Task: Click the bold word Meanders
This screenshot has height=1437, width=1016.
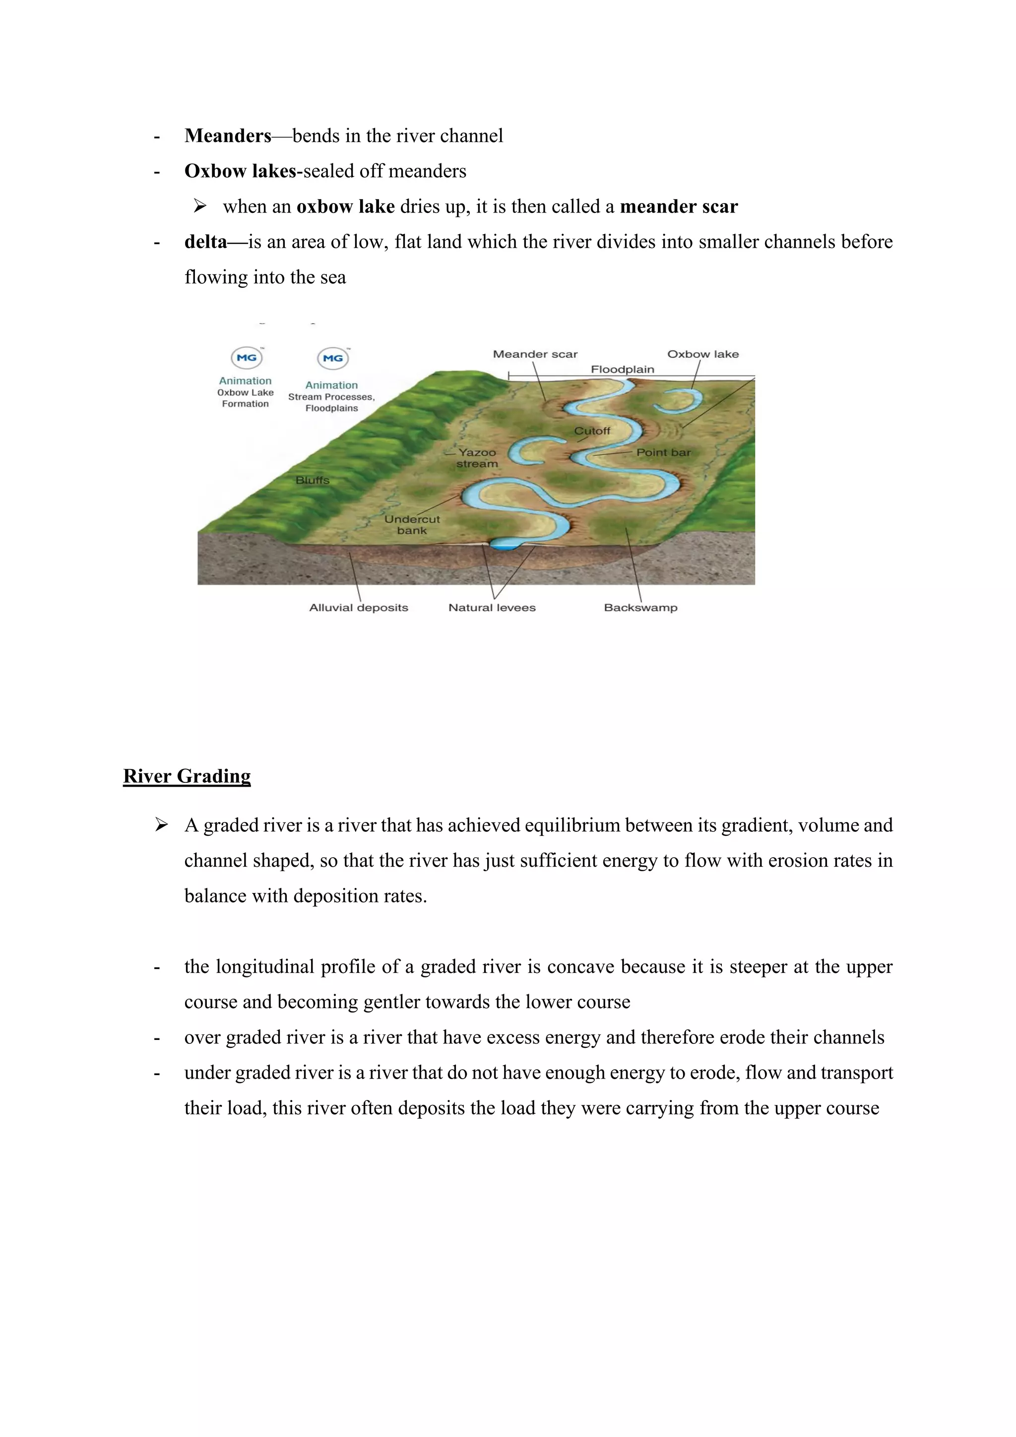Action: tap(228, 136)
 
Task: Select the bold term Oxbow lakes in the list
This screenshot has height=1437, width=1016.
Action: tap(240, 171)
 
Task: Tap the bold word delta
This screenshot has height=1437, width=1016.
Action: tap(205, 242)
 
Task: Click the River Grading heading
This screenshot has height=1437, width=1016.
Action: tap(187, 776)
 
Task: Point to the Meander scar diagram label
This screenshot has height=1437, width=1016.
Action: tap(535, 354)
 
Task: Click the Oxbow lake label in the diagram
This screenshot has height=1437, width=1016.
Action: tap(702, 354)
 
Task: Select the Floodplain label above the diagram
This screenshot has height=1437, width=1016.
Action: tap(623, 369)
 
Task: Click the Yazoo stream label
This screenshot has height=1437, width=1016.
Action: tap(477, 458)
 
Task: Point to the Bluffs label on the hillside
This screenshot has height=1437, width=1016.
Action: tap(312, 480)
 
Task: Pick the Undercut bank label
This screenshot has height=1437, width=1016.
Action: tap(412, 525)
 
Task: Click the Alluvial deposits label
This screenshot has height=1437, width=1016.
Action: tap(359, 607)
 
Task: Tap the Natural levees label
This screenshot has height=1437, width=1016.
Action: tap(492, 607)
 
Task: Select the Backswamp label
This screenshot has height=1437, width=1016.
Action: tap(640, 607)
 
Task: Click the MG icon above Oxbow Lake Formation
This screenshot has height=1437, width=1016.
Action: tap(247, 358)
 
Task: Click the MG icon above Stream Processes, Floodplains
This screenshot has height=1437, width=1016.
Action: tap(333, 358)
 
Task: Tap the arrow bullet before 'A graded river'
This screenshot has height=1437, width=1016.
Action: tap(161, 825)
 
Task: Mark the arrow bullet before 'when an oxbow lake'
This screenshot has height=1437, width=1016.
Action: tap(199, 206)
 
